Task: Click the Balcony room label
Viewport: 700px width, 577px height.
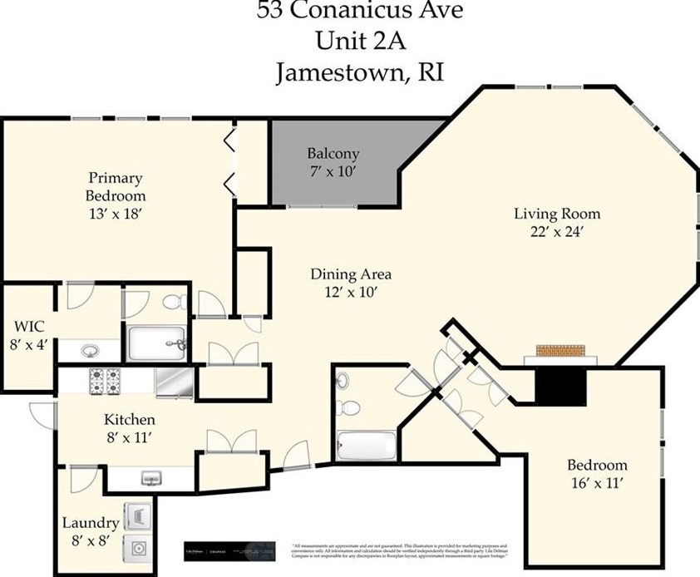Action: tap(333, 154)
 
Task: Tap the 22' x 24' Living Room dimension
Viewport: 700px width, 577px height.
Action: tap(555, 233)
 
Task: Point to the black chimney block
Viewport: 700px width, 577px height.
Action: tap(560, 384)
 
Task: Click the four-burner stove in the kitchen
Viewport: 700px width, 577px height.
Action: tap(105, 382)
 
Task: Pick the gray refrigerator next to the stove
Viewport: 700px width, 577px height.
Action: tap(174, 382)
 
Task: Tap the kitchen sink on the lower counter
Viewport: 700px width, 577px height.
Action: tap(151, 478)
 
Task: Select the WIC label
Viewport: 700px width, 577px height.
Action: tap(28, 325)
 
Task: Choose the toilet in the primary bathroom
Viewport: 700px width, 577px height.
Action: tap(173, 302)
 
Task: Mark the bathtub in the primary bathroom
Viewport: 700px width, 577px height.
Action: tap(156, 342)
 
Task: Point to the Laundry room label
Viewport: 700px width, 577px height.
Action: tap(90, 523)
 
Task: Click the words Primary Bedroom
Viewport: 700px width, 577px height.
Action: tap(116, 187)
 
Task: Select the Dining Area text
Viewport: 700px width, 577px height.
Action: tap(350, 274)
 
